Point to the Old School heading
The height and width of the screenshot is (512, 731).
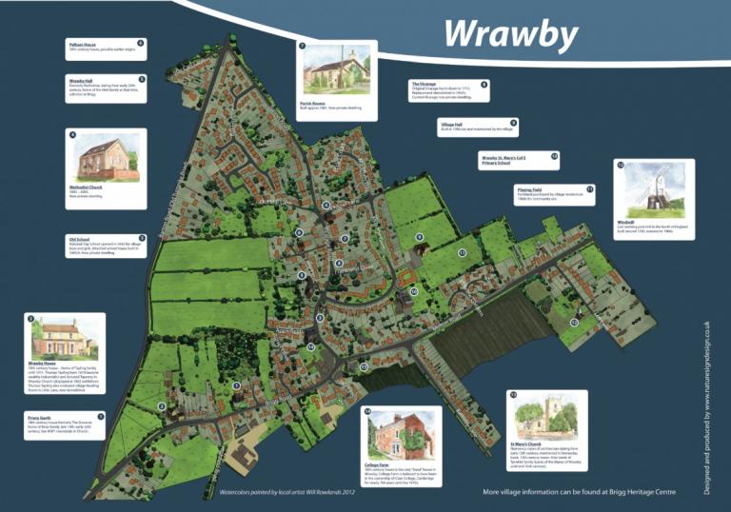(79, 239)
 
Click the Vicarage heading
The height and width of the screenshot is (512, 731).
(424, 84)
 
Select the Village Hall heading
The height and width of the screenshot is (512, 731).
(451, 125)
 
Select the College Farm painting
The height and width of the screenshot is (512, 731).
(402, 435)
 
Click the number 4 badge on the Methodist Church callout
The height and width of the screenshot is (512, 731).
(72, 135)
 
